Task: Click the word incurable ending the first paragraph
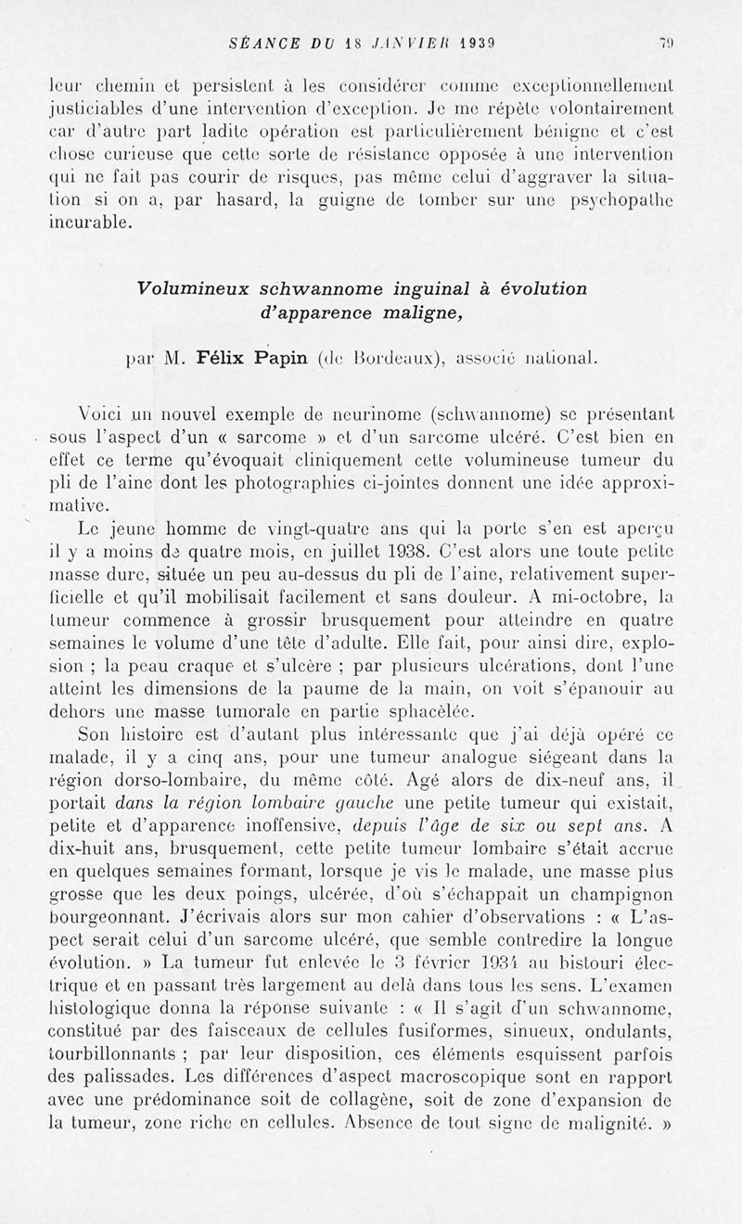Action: (x=92, y=223)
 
